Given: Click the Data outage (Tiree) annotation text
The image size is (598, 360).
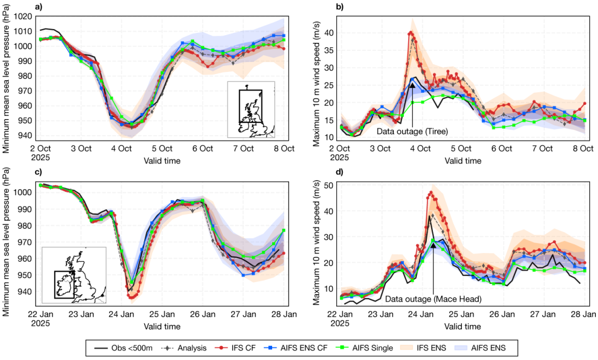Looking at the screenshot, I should (412, 132).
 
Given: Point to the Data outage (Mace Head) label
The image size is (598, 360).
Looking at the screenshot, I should (433, 299).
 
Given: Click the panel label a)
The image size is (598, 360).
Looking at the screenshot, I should (39, 7).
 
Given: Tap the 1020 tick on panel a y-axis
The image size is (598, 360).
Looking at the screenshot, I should (25, 16).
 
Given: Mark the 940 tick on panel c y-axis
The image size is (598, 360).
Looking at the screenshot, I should (25, 291).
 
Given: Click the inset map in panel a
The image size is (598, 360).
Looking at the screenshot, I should (251, 109).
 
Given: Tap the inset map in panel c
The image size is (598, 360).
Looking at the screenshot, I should (74, 275).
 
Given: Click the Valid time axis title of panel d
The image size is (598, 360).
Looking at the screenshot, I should (462, 326).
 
